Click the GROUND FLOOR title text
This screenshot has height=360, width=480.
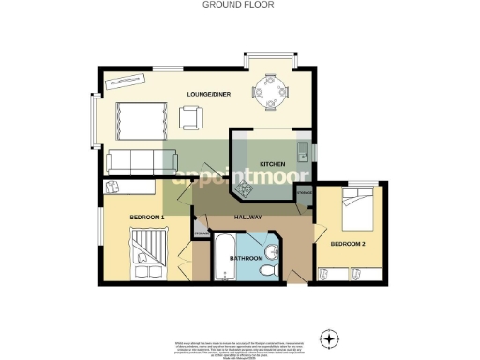tap(239, 4)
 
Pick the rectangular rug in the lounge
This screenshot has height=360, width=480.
tap(142, 120)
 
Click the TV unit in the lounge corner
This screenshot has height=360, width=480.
tap(124, 81)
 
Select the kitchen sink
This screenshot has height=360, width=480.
tap(303, 149)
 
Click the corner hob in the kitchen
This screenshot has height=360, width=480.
tap(247, 190)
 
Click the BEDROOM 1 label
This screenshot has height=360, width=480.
tap(148, 217)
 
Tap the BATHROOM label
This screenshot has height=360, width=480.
tap(247, 256)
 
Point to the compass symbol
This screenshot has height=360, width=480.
tap(329, 337)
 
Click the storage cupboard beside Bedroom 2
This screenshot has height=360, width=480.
tap(304, 198)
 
